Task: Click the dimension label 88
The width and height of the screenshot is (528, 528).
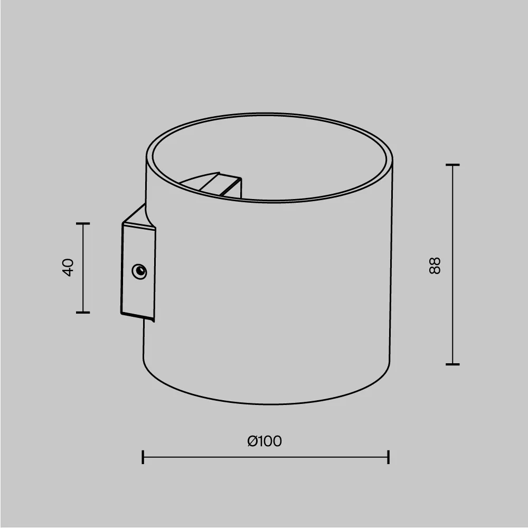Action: click(435, 265)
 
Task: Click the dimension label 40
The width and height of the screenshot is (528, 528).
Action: click(68, 267)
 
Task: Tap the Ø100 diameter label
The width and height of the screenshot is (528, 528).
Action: click(265, 441)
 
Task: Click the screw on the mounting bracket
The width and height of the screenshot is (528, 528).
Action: click(139, 271)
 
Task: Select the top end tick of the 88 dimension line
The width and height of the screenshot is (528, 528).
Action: click(452, 165)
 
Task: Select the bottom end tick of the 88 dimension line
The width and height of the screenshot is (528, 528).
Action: click(452, 364)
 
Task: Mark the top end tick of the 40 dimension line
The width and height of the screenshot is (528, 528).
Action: click(83, 224)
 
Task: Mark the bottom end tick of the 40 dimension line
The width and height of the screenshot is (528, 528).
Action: click(83, 312)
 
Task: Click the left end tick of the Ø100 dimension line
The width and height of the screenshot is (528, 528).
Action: click(143, 457)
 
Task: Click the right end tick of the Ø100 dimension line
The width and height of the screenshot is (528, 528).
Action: click(389, 457)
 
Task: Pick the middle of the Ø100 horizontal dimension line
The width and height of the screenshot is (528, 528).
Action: click(266, 457)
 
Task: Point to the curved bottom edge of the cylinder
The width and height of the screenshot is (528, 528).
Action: click(267, 404)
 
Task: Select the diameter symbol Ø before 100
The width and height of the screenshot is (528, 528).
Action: click(252, 441)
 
